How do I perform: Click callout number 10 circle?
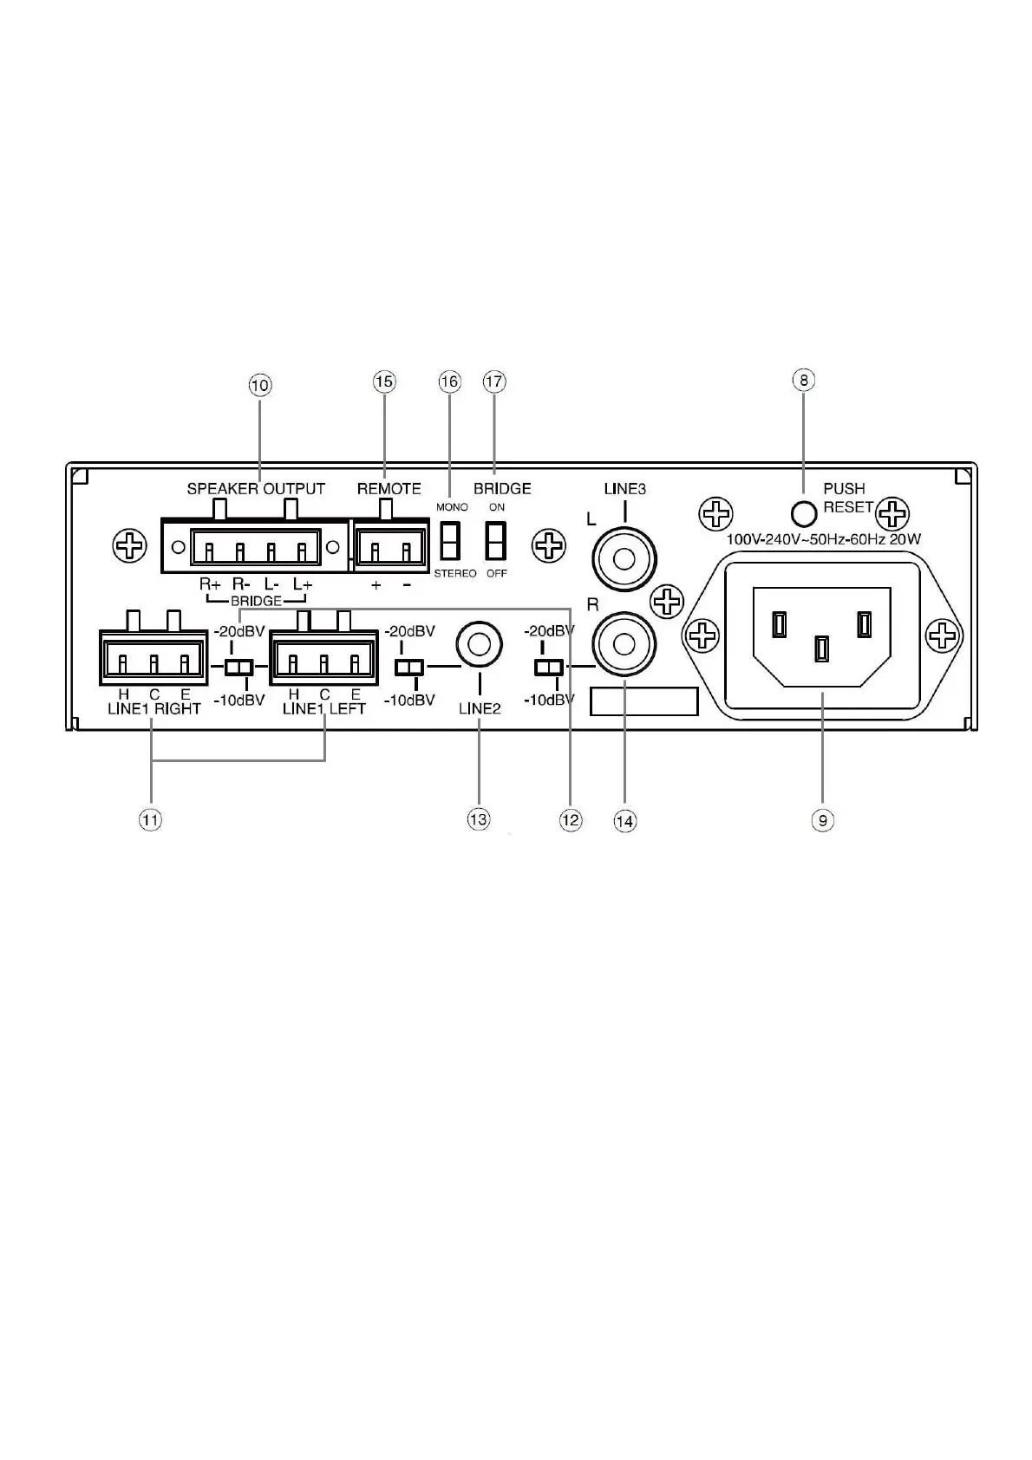260,385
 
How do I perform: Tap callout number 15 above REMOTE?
384,381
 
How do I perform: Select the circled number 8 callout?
804,380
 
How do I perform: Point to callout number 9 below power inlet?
822,819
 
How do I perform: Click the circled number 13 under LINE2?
479,819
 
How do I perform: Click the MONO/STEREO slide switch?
449,540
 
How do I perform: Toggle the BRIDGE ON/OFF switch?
496,540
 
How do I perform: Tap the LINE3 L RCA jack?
624,558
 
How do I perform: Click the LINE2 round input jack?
479,643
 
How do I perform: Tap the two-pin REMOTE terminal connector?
389,547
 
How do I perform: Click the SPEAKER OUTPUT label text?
256,489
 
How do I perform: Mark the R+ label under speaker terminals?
210,584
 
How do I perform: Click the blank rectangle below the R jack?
643,701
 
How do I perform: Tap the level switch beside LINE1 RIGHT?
238,668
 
